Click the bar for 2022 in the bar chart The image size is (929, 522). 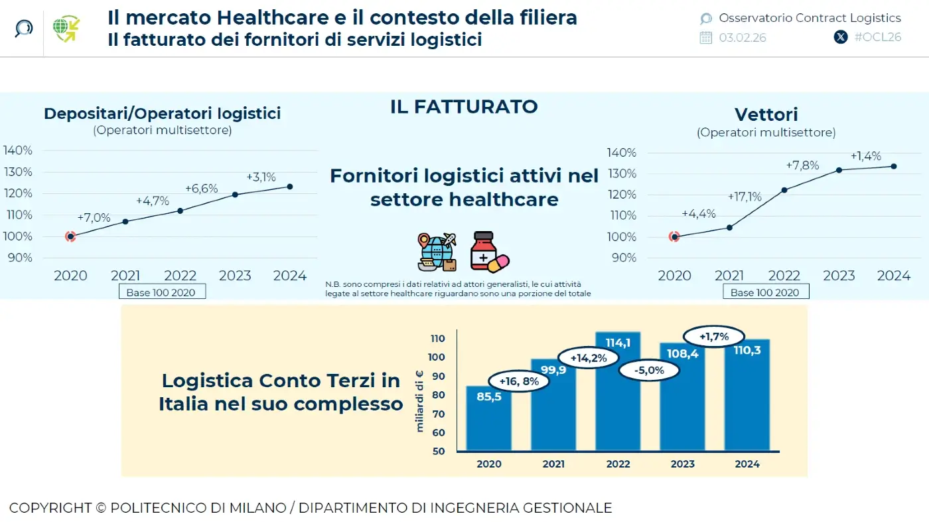pyautogui.click(x=618, y=392)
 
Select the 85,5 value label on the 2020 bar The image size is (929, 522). pyautogui.click(x=488, y=397)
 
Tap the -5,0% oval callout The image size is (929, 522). pyautogui.click(x=649, y=371)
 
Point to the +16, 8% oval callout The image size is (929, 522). pyautogui.click(x=519, y=381)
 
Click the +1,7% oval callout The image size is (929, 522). pyautogui.click(x=713, y=336)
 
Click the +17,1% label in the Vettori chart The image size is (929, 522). pyautogui.click(x=745, y=197)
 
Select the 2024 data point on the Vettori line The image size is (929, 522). pyautogui.click(x=893, y=166)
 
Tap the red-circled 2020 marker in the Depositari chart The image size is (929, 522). pyautogui.click(x=70, y=236)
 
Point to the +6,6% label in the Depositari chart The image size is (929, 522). pyautogui.click(x=201, y=189)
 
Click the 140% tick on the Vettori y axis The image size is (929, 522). pyautogui.click(x=622, y=153)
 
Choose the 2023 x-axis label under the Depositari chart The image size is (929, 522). pyautogui.click(x=235, y=276)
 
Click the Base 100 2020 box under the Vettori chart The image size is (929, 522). pyautogui.click(x=764, y=292)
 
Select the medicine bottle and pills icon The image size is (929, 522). pyautogui.click(x=488, y=252)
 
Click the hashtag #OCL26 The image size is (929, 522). pyautogui.click(x=877, y=37)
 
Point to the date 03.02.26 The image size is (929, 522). pyautogui.click(x=742, y=38)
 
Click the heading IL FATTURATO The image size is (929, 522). pyautogui.click(x=464, y=106)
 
